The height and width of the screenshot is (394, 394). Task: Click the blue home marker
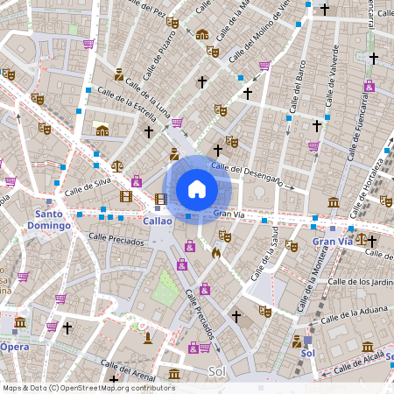(197, 188)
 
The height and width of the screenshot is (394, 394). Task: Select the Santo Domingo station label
(53, 219)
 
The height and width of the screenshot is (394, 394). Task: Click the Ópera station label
(14, 347)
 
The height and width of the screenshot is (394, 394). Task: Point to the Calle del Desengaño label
(247, 173)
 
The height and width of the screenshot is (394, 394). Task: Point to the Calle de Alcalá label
(361, 360)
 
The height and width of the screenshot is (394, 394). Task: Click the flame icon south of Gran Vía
(216, 253)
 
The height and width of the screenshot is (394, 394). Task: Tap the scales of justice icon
(117, 164)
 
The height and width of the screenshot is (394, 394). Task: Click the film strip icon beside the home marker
(160, 199)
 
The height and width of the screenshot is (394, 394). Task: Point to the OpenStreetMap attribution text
(88, 388)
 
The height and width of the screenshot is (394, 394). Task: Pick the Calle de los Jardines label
(359, 281)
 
